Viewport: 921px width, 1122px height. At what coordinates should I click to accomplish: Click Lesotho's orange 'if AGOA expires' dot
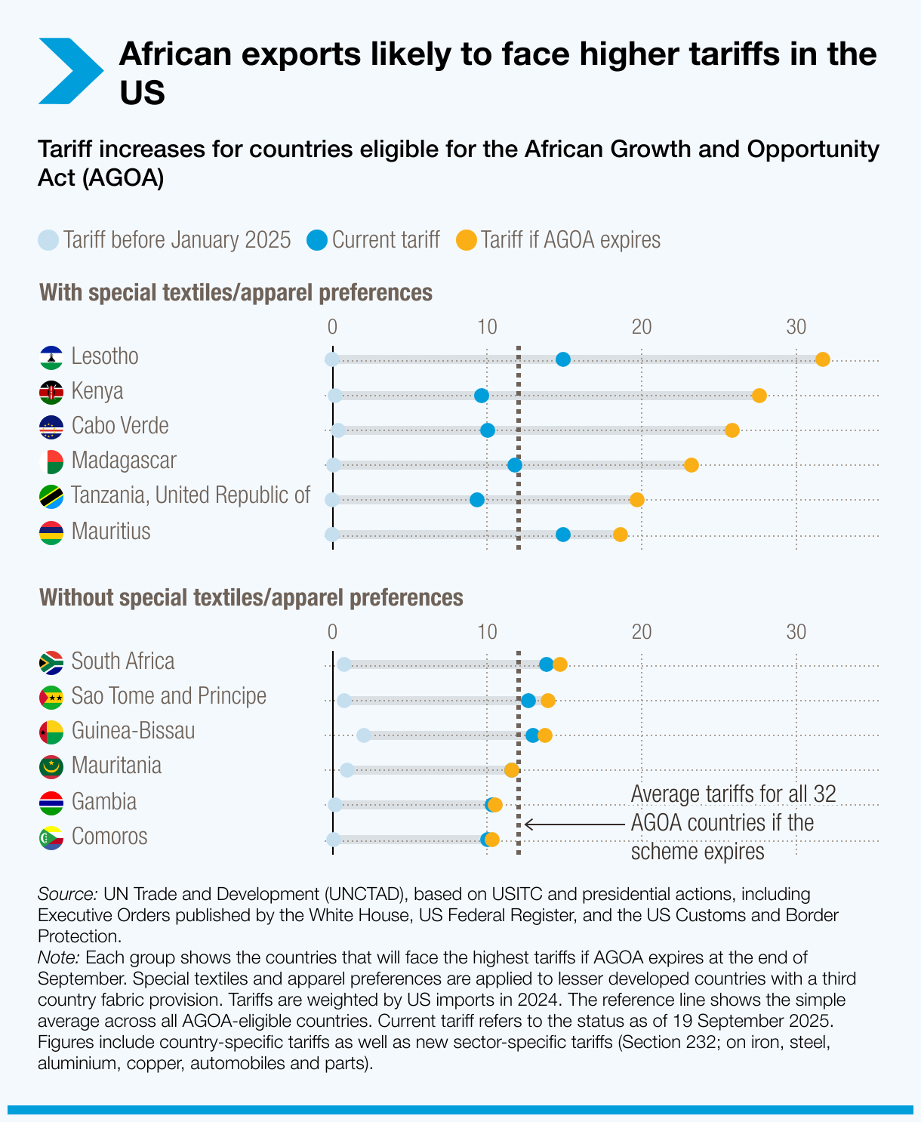pyautogui.click(x=823, y=359)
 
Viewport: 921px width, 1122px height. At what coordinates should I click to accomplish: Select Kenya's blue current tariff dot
pyautogui.click(x=481, y=396)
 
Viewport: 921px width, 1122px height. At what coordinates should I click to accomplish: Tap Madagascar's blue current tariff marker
pyautogui.click(x=515, y=465)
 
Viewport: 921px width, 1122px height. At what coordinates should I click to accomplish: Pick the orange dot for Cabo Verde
pyautogui.click(x=732, y=430)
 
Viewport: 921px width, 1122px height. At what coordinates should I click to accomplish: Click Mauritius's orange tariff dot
pyautogui.click(x=620, y=535)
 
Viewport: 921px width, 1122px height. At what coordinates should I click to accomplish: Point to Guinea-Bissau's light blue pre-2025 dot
pyautogui.click(x=364, y=735)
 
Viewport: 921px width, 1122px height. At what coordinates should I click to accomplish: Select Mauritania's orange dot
pyautogui.click(x=511, y=770)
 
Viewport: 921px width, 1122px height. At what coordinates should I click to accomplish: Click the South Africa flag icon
pyautogui.click(x=51, y=662)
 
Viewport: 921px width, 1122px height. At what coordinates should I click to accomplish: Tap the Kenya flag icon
pyautogui.click(x=51, y=392)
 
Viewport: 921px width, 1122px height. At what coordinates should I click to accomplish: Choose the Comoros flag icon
pyautogui.click(x=51, y=837)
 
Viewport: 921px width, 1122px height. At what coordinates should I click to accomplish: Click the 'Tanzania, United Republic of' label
pyautogui.click(x=190, y=495)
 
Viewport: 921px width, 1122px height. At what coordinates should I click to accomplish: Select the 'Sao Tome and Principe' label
pyautogui.click(x=168, y=696)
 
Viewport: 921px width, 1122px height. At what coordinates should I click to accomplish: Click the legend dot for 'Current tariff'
pyautogui.click(x=317, y=241)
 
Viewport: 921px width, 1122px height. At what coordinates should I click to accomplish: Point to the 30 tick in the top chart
pyautogui.click(x=796, y=327)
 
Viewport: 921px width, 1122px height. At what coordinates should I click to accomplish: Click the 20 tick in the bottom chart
pyautogui.click(x=642, y=632)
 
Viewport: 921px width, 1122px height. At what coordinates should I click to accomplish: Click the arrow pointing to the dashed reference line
pyautogui.click(x=574, y=824)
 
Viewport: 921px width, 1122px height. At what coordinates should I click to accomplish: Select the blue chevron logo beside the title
pyautogui.click(x=69, y=71)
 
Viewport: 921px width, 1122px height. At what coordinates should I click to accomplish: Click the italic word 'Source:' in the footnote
pyautogui.click(x=67, y=895)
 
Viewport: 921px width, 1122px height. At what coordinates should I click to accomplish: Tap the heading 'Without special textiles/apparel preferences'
pyautogui.click(x=251, y=598)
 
